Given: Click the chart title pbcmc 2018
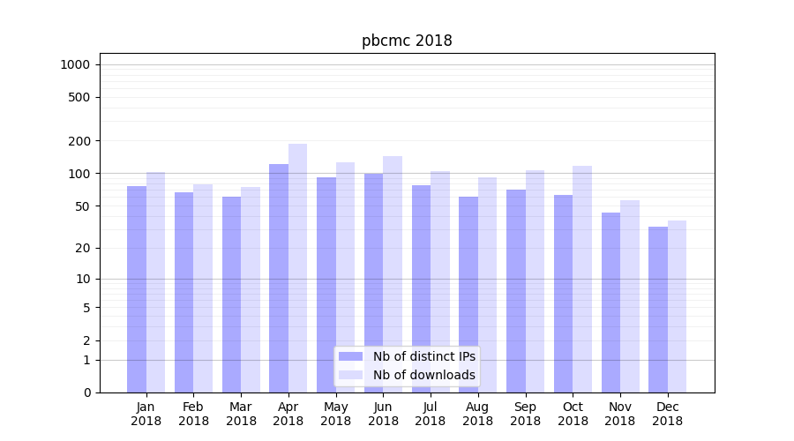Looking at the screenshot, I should pyautogui.click(x=407, y=41).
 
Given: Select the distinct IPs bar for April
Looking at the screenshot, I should pyautogui.click(x=279, y=278).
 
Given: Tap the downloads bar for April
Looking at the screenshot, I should pyautogui.click(x=298, y=268).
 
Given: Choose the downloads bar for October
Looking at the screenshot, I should pyautogui.click(x=582, y=279).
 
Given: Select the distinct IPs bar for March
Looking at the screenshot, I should pyautogui.click(x=231, y=295).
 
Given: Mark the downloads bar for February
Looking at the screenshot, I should pyautogui.click(x=203, y=288).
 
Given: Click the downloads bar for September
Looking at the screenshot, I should pyautogui.click(x=535, y=281).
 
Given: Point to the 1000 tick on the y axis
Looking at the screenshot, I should pyautogui.click(x=75, y=64).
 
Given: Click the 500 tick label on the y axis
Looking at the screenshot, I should pyautogui.click(x=80, y=97).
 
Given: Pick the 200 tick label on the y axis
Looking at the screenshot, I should pyautogui.click(x=80, y=141).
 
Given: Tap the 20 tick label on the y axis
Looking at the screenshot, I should pyautogui.click(x=84, y=248).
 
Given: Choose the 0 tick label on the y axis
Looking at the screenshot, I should pyautogui.click(x=86, y=392).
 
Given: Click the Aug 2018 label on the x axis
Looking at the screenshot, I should pyautogui.click(x=477, y=414).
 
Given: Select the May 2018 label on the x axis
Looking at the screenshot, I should pyautogui.click(x=335, y=414).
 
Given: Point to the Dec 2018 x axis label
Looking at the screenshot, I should pyautogui.click(x=667, y=414).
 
